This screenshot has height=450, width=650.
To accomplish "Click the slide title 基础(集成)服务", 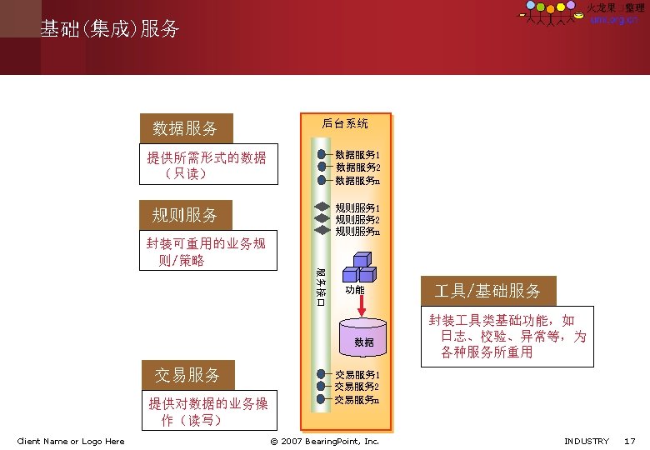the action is click(110, 29).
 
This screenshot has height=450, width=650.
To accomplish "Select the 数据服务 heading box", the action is click(186, 128).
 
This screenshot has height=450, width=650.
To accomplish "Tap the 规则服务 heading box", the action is click(186, 215).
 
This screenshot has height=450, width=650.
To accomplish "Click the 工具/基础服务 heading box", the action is click(487, 291).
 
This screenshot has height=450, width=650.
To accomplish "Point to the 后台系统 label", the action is click(345, 124).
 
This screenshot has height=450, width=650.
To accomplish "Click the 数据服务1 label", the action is click(357, 155).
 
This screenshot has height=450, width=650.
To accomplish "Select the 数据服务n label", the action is click(357, 180).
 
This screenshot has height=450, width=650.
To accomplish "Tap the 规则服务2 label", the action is click(357, 219).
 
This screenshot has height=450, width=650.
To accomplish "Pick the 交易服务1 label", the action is click(357, 375).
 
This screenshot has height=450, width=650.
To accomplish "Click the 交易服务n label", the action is click(357, 400).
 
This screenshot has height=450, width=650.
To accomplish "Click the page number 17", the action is click(630, 441).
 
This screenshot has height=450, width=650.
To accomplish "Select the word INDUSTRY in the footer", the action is click(587, 441).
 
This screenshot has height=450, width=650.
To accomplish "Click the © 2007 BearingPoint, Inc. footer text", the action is click(325, 441).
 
